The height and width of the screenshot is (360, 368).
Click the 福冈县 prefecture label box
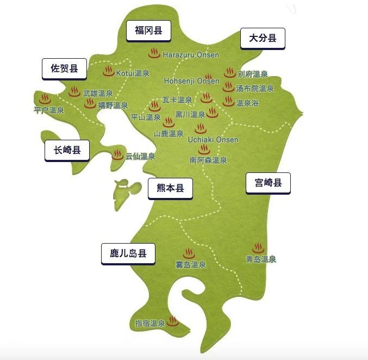149,30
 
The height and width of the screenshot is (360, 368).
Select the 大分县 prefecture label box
263,38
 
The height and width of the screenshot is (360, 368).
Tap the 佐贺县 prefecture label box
64,69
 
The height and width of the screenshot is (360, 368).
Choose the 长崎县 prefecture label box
67,151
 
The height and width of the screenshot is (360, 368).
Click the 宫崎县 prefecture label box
268,183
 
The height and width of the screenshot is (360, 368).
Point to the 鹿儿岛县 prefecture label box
128,253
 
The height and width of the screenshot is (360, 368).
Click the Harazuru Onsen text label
191,55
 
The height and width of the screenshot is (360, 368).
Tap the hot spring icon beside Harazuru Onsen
154,54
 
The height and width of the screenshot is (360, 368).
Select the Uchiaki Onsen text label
213,140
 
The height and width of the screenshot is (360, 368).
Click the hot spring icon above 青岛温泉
258,249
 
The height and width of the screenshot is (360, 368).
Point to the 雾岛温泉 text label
190,265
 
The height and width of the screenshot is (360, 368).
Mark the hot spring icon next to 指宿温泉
173,321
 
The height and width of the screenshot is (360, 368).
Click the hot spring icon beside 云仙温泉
117,155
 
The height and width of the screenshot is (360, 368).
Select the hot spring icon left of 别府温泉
229,73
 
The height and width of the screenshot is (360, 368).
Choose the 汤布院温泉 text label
255,88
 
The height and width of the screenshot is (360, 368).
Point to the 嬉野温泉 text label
113,105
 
